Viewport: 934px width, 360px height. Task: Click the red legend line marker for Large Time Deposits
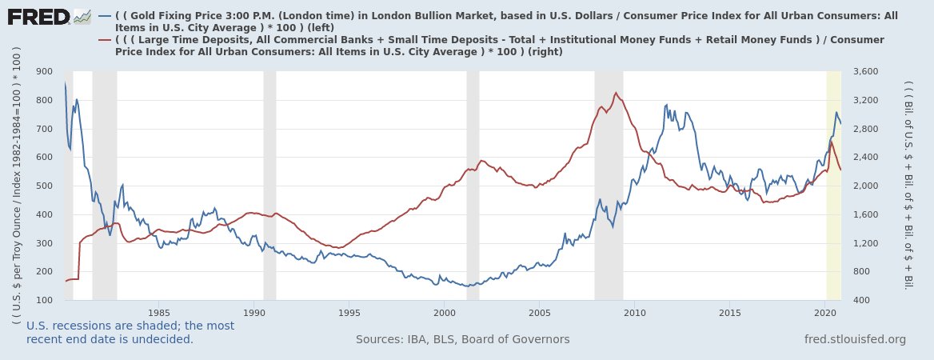point(104,40)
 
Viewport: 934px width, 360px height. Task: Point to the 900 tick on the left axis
point(44,72)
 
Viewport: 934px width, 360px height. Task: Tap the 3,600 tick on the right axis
point(867,72)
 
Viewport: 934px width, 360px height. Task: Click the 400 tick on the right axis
point(862,300)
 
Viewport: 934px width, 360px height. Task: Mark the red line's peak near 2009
point(615,93)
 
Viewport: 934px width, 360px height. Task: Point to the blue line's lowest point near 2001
point(466,286)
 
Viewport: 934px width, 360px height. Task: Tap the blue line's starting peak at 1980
point(65,82)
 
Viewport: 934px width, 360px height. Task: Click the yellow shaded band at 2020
point(833,184)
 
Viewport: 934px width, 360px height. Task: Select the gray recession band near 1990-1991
point(269,184)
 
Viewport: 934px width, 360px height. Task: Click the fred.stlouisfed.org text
point(855,339)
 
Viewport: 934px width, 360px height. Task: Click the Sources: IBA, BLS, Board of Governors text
point(462,339)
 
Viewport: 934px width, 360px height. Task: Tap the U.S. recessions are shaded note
point(130,332)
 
